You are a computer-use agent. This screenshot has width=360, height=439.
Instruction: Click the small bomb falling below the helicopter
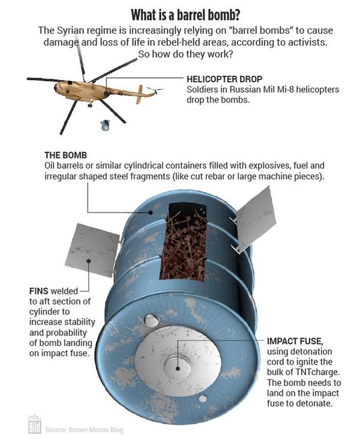pyautogui.click(x=105, y=126)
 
